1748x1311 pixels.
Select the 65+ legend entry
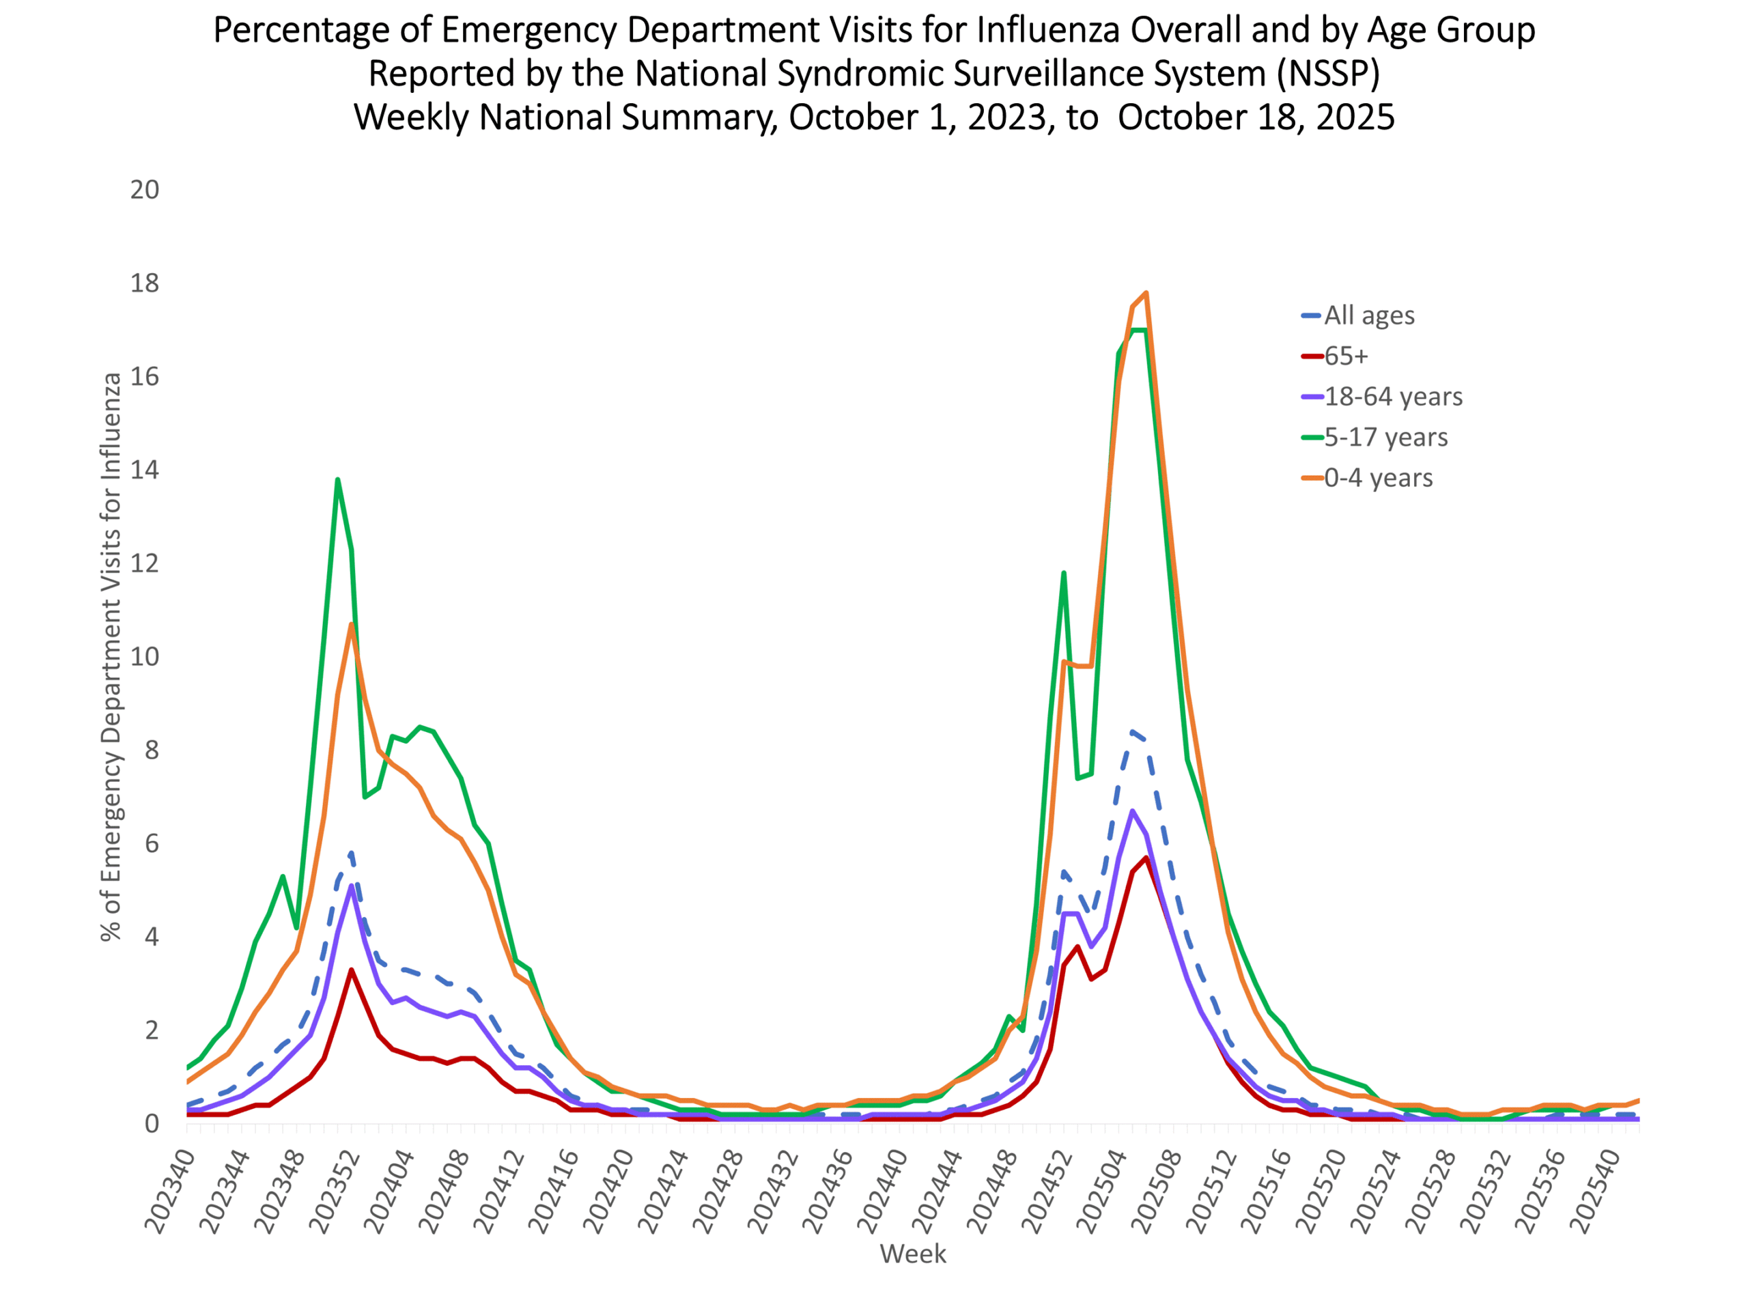click(x=1346, y=356)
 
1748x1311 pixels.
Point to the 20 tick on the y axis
click(x=145, y=190)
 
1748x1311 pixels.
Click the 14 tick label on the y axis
click(x=145, y=470)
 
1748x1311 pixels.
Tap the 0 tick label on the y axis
click(x=152, y=1124)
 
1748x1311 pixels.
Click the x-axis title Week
click(x=913, y=1254)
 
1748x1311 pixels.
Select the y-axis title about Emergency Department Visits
click(x=111, y=657)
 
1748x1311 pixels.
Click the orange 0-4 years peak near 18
click(x=1146, y=293)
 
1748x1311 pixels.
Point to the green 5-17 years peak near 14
click(x=337, y=479)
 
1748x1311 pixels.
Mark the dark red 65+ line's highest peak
click(x=1146, y=858)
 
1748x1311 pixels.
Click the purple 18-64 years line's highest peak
click(x=1132, y=810)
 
